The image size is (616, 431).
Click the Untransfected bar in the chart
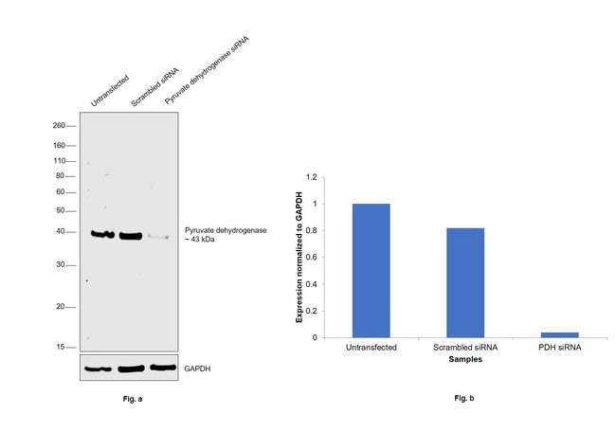371,270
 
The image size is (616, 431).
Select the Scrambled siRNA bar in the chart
464,282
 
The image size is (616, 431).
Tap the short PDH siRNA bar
558,334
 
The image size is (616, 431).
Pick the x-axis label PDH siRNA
558,348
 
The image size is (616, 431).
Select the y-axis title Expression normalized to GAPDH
299,256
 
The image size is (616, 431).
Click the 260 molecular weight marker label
59,125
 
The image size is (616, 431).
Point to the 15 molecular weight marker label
61,347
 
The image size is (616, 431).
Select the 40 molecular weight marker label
60,231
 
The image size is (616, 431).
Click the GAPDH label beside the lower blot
198,367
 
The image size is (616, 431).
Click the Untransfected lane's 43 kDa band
101,233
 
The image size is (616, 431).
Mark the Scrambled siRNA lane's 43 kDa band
131,235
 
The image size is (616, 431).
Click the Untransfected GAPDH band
98,368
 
